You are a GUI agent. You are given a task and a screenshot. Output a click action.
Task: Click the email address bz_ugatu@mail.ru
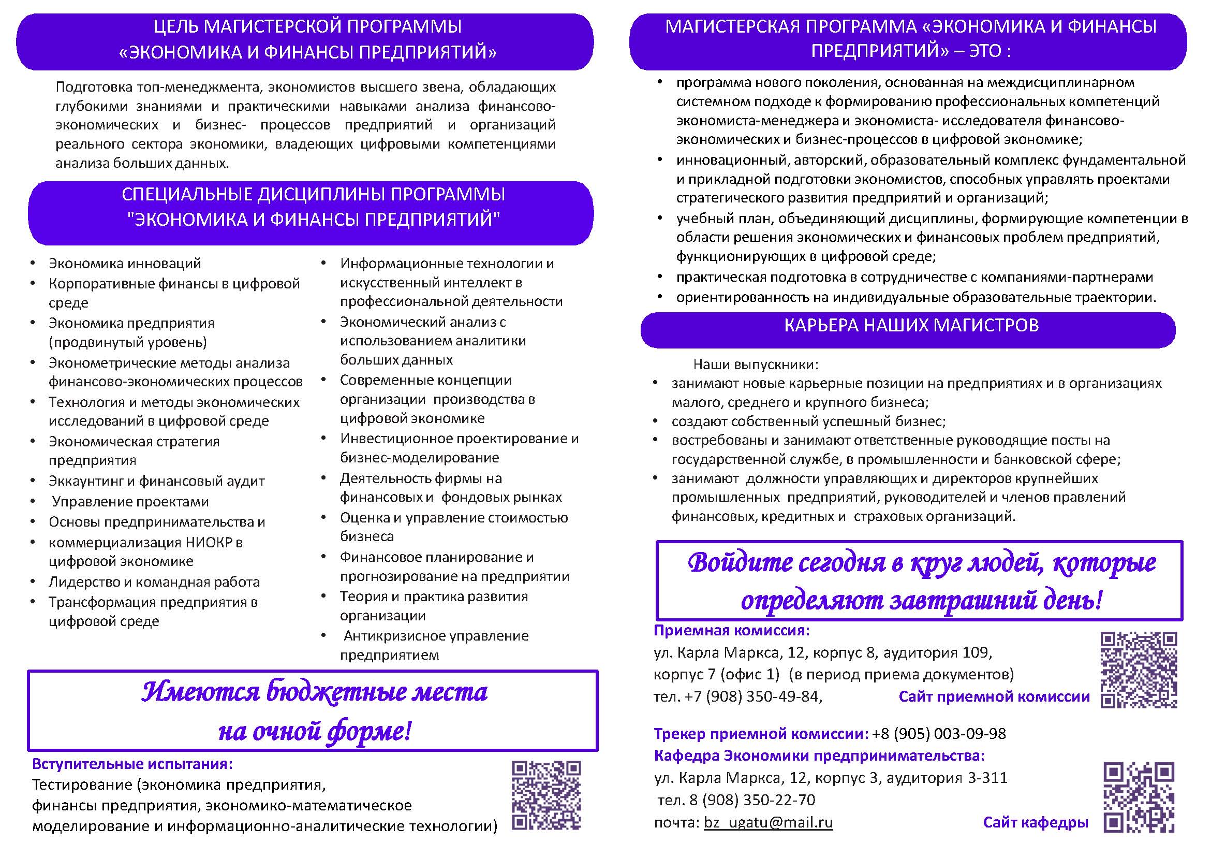click(x=768, y=822)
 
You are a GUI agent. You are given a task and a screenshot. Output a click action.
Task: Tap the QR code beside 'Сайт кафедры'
click(x=1139, y=797)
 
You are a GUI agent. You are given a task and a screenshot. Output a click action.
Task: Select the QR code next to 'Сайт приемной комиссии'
click(x=1139, y=669)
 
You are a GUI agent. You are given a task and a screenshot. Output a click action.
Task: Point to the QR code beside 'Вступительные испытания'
click(x=547, y=795)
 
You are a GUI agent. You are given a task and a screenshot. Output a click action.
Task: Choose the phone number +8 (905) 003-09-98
click(x=939, y=734)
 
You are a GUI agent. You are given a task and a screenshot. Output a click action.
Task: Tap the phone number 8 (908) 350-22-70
click(x=752, y=800)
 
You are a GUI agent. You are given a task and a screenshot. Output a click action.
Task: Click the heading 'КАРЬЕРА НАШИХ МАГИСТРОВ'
click(x=911, y=326)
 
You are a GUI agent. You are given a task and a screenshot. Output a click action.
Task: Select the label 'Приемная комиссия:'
click(x=731, y=630)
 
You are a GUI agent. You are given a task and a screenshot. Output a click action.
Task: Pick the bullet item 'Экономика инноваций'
click(x=125, y=264)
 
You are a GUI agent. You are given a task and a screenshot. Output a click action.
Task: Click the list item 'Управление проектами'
click(x=130, y=501)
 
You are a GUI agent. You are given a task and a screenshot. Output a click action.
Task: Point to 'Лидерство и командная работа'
click(x=154, y=582)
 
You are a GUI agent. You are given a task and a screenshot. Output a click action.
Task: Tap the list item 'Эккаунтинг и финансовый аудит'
click(x=157, y=481)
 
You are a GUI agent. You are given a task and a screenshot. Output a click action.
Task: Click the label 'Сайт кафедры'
click(x=1036, y=822)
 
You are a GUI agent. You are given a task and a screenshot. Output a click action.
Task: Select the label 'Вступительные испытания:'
click(x=132, y=764)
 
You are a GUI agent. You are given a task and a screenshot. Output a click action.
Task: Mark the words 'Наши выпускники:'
click(x=755, y=364)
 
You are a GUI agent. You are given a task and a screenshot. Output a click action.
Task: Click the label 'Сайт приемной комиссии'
click(x=994, y=696)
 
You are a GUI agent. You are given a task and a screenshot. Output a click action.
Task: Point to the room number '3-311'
click(x=987, y=778)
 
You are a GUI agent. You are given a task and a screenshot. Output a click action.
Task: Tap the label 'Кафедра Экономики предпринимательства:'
click(x=819, y=756)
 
